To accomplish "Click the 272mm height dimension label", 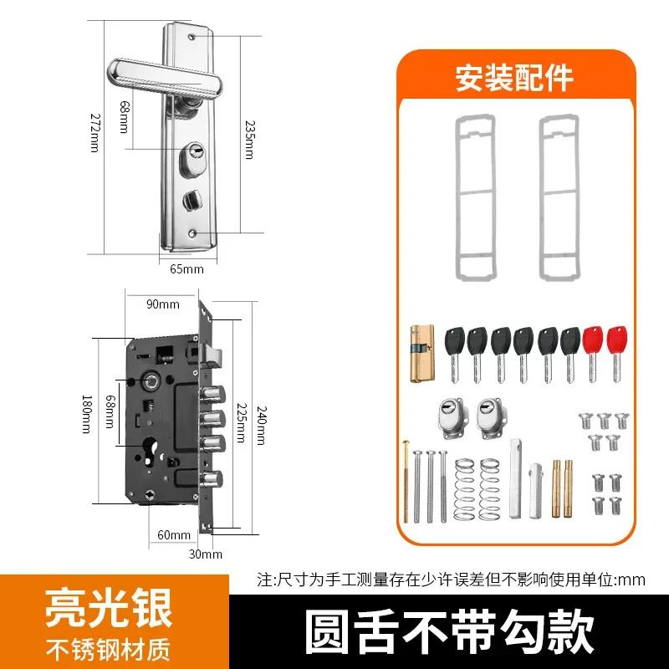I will (94, 133).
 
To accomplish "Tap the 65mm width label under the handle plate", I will (186, 268).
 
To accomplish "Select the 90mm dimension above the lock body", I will (163, 304).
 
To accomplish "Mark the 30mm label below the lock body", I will (205, 554).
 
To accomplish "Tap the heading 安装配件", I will (513, 78).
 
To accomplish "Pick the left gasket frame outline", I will (472, 197).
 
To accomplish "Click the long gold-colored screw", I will (407, 483).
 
